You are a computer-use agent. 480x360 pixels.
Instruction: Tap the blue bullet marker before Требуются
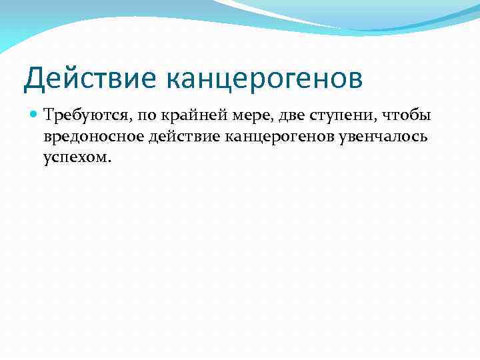pyautogui.click(x=34, y=116)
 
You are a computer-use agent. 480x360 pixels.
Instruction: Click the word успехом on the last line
pyautogui.click(x=74, y=159)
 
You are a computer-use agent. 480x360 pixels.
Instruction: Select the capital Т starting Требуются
pyautogui.click(x=47, y=116)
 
